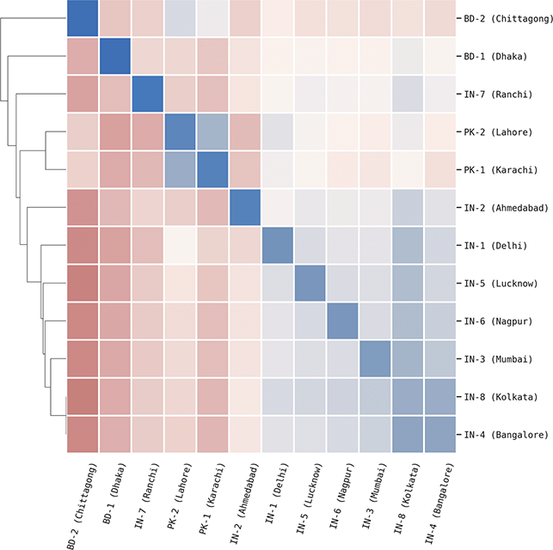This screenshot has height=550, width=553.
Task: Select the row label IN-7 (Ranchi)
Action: [x=493, y=95]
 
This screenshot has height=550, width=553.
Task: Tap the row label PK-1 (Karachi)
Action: [x=495, y=169]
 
